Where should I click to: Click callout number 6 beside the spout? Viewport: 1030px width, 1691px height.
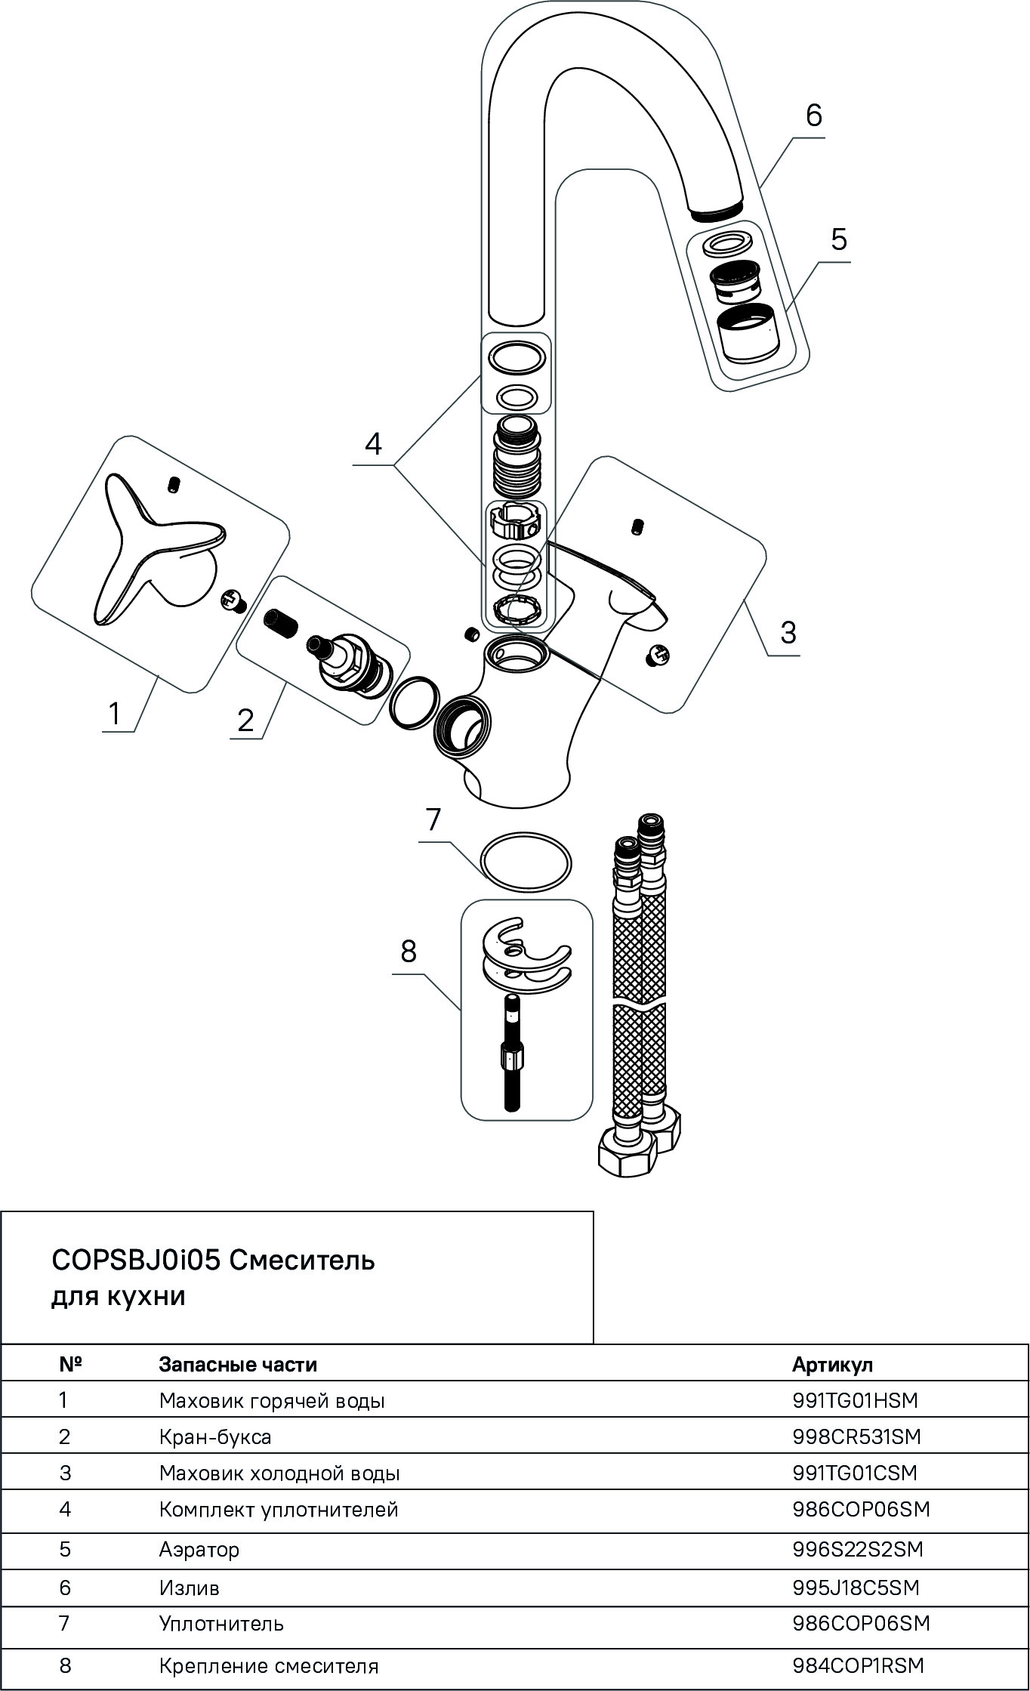(x=813, y=116)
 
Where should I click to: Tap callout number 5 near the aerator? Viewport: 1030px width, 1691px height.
(x=838, y=239)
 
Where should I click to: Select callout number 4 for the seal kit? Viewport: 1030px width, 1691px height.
(x=373, y=444)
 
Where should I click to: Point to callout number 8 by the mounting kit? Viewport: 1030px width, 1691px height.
(x=409, y=952)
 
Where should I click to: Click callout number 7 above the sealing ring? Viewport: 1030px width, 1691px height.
(x=433, y=819)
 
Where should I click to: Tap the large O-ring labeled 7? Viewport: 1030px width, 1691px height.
(x=526, y=862)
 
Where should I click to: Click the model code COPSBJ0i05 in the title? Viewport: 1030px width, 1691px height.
(x=136, y=1261)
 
